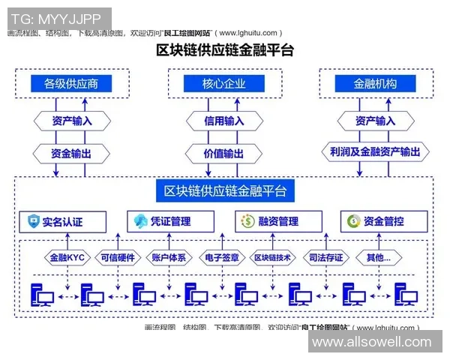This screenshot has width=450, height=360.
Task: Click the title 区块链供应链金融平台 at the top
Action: (224, 51)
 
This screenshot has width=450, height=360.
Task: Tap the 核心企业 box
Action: (224, 85)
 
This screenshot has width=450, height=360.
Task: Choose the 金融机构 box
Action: (374, 85)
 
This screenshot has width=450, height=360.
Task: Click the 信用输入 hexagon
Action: (224, 121)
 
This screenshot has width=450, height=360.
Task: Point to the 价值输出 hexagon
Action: (224, 152)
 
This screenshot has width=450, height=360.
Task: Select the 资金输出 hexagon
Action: (72, 152)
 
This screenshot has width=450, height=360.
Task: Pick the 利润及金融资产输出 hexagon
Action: (374, 152)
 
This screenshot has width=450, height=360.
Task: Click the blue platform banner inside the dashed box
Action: (224, 191)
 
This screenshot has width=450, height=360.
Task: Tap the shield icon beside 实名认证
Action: (33, 221)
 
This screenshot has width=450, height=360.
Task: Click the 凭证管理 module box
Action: (170, 221)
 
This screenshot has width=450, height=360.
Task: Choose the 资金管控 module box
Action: (384, 221)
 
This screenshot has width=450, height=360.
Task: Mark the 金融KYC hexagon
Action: (67, 257)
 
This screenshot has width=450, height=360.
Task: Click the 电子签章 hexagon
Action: (223, 257)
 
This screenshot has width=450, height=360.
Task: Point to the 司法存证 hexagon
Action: (325, 257)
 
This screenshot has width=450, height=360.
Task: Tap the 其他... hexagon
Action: (377, 257)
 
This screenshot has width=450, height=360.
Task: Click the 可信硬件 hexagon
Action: (118, 257)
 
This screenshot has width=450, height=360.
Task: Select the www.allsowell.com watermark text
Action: (372, 342)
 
